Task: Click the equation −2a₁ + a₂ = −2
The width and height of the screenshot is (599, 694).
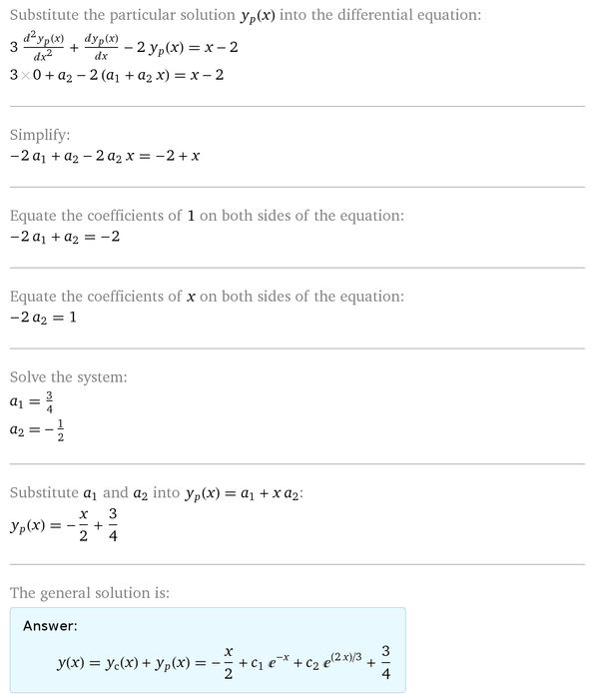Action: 64,238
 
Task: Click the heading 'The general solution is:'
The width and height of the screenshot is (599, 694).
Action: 90,593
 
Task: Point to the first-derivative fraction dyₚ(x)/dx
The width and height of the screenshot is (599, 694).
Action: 127,47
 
